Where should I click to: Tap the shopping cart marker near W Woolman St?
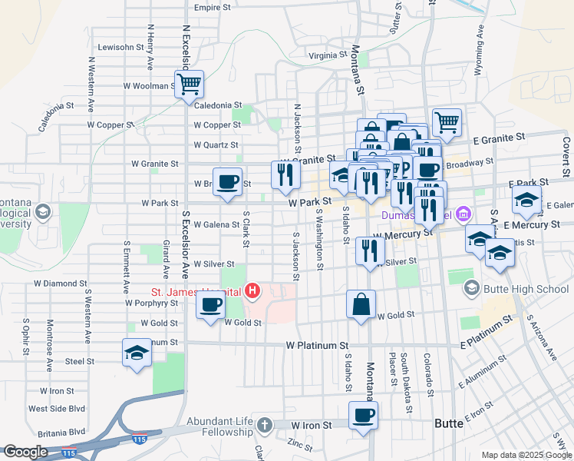[x=188, y=84]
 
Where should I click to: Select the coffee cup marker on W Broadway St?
[x=226, y=182]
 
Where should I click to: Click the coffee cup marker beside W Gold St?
[x=209, y=305]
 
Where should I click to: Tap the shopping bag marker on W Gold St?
[x=361, y=304]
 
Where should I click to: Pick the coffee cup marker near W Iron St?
[x=363, y=416]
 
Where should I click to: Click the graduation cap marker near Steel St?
[x=137, y=353]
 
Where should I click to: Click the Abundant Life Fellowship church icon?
[x=264, y=425]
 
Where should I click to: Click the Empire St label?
[x=213, y=8]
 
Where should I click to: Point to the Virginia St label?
[x=328, y=55]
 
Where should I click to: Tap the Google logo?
[x=25, y=452]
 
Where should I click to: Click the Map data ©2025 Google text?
[x=526, y=455]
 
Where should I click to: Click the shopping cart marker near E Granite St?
[x=447, y=121]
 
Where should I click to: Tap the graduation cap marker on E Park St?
[x=526, y=201]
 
